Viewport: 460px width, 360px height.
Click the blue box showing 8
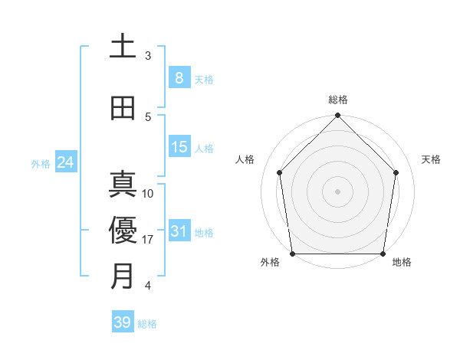click(x=179, y=77)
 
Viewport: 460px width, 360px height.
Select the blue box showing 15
click(x=179, y=147)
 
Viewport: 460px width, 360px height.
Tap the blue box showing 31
click(x=179, y=231)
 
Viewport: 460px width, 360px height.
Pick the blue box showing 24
click(x=66, y=162)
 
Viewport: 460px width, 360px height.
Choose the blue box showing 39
click(x=123, y=322)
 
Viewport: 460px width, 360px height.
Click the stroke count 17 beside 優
click(x=149, y=240)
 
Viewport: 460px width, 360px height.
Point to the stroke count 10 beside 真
click(x=149, y=194)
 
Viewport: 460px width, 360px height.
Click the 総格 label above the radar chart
click(x=338, y=100)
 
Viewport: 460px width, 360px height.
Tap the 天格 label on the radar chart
click(x=432, y=159)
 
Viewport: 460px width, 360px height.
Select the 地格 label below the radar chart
click(x=402, y=263)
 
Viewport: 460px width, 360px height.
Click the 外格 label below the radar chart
click(x=270, y=263)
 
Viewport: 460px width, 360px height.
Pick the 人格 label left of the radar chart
click(x=245, y=159)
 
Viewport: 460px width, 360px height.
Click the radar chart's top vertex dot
click(x=337, y=116)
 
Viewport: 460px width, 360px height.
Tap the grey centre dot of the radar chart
click(x=337, y=191)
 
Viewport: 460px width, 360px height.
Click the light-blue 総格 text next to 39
click(x=147, y=324)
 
